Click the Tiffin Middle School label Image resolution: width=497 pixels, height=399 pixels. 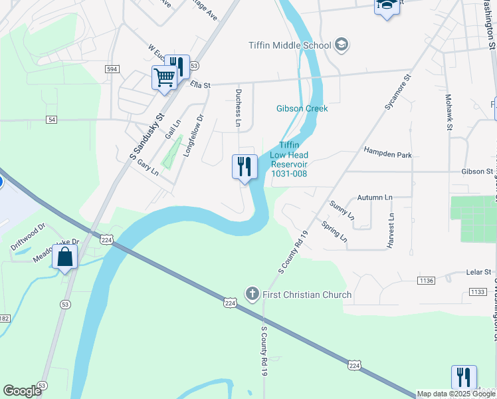tap(289, 46)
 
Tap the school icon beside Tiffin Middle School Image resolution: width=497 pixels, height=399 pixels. tap(342, 45)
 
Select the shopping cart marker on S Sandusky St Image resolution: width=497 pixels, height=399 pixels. tap(164, 78)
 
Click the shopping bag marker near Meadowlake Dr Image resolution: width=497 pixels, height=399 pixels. tap(65, 257)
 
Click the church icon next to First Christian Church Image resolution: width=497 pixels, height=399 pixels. tap(252, 294)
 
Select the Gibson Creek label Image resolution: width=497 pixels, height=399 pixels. tap(302, 108)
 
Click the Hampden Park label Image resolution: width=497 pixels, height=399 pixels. tap(388, 154)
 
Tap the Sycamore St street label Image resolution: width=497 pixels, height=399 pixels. tap(398, 92)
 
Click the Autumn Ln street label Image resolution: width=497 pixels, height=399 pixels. tap(375, 198)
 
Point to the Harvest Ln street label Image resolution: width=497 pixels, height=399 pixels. tap(391, 231)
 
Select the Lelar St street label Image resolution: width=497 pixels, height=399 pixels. tap(478, 272)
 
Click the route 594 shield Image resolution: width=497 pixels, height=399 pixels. tap(112, 68)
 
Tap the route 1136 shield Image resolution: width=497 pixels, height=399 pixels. tap(427, 281)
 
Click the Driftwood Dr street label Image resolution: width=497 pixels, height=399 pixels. tap(28, 236)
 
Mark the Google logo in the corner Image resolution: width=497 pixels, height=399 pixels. tap(23, 391)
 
